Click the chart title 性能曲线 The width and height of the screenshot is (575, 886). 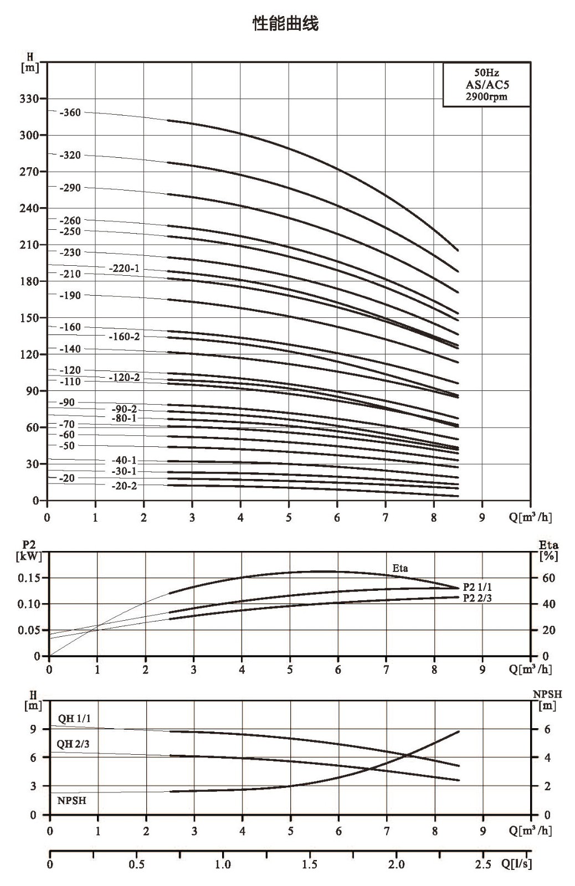tap(285, 24)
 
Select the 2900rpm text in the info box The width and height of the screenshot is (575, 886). tap(486, 96)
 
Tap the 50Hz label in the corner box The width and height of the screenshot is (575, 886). tap(486, 73)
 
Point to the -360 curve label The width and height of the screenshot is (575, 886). tap(70, 113)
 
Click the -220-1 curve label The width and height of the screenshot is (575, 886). tap(124, 269)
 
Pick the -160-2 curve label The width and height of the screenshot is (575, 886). tap(124, 337)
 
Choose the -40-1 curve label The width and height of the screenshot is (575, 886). tap(124, 460)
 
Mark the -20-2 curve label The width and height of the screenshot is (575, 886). tap(124, 486)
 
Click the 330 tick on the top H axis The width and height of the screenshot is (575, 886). tap(30, 99)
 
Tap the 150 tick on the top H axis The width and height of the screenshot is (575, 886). tap(30, 318)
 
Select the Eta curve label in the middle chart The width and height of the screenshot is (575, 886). tap(400, 568)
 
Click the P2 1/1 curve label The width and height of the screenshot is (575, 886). tap(478, 588)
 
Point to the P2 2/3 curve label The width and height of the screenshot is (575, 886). tap(478, 598)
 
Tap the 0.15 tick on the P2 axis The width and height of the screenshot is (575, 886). tap(29, 578)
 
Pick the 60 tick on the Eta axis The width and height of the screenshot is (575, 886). tap(548, 578)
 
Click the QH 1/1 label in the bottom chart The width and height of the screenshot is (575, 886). tap(74, 718)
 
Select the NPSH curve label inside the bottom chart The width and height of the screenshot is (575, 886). tap(71, 801)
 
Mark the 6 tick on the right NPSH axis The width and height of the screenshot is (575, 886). tap(547, 729)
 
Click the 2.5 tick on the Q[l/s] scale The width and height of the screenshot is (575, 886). tap(483, 864)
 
